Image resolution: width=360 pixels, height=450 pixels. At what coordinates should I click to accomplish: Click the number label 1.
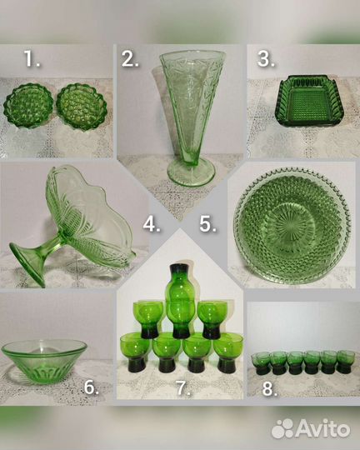(32, 59)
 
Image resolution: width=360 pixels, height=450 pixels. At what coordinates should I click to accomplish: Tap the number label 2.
(130, 60)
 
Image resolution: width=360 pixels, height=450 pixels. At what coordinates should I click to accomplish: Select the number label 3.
(266, 59)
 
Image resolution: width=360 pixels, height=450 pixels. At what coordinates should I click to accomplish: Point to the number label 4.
(152, 224)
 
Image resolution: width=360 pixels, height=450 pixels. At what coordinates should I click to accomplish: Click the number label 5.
(207, 224)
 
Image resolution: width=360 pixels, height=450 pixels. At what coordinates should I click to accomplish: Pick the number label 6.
(92, 387)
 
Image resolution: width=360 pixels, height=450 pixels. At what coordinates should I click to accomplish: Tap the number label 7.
(182, 387)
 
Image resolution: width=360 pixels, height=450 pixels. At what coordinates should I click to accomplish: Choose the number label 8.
(269, 389)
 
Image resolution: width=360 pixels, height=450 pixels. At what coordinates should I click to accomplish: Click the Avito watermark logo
(311, 428)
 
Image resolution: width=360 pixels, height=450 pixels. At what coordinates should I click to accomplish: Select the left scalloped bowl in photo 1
(28, 105)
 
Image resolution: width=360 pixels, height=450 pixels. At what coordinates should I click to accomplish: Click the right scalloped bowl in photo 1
(82, 106)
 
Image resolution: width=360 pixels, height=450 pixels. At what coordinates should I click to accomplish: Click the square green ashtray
(309, 99)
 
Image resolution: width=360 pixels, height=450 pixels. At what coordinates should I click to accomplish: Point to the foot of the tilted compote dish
(27, 262)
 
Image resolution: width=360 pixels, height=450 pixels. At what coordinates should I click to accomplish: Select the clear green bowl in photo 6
(44, 361)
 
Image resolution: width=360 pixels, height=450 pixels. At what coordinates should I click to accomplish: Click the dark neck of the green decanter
(178, 271)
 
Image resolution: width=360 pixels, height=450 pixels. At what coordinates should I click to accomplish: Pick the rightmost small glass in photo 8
(346, 362)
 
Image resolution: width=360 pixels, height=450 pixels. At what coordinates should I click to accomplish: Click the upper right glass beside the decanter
(212, 319)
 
